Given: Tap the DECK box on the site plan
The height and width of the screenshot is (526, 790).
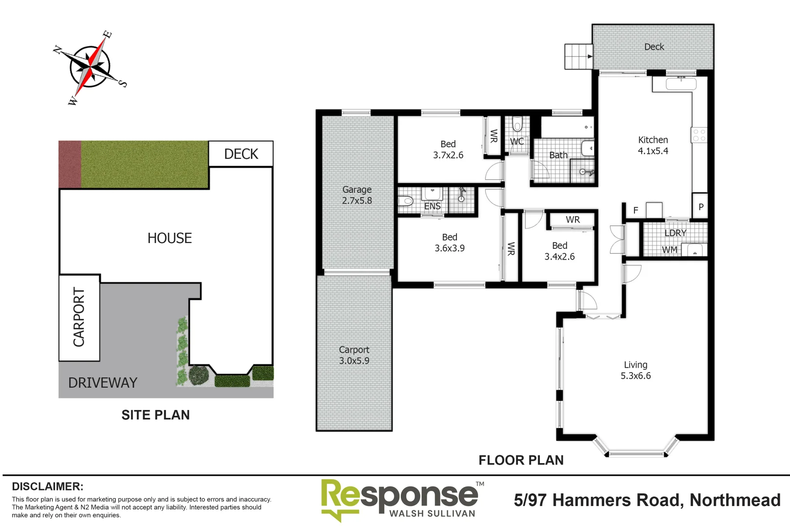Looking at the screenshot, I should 241,154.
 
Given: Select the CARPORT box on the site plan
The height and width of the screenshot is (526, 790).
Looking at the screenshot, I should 79,317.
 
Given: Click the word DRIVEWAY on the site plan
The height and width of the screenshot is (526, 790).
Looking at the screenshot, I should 103,383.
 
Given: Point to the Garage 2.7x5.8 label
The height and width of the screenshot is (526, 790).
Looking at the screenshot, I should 356,195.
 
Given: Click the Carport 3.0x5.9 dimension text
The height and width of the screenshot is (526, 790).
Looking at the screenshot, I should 354,361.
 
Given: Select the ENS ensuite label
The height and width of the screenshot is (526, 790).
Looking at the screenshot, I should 432,206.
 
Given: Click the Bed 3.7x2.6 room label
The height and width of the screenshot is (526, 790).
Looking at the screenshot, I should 448,150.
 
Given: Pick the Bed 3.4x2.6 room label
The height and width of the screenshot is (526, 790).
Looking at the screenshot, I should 559,251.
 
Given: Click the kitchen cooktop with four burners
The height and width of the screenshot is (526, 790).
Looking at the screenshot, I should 699,135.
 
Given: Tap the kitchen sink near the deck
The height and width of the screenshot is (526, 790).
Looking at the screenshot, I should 681,84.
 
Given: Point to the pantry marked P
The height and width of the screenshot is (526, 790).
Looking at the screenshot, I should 700,207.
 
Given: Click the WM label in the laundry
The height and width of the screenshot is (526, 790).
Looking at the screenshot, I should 669,250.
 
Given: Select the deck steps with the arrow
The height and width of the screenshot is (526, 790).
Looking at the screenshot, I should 578,56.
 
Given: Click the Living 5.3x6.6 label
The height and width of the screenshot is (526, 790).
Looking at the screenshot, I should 635,370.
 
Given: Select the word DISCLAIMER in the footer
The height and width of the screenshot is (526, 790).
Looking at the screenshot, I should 47,487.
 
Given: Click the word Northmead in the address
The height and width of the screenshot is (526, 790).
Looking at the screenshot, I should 735,500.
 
